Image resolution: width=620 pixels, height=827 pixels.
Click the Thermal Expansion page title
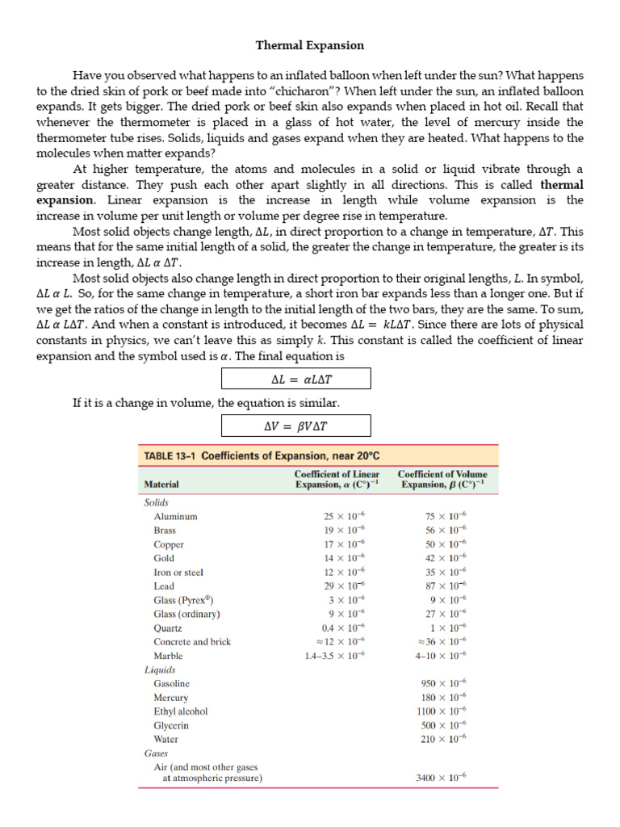pos(310,45)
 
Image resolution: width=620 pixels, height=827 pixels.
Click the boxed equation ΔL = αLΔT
pos(296,379)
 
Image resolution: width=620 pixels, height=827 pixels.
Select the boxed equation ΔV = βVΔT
pos(296,426)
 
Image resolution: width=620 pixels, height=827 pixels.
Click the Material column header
pos(161,485)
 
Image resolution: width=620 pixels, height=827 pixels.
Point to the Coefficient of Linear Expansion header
pos(337,479)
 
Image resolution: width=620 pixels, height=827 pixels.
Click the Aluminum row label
pos(175,516)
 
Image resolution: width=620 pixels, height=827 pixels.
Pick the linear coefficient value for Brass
pos(344,531)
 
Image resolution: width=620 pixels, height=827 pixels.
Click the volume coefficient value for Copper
pos(446,544)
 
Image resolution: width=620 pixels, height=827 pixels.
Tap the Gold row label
pos(164,558)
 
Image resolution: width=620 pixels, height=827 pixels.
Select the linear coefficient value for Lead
pos(344,586)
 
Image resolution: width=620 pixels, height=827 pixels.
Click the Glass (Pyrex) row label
pos(183,600)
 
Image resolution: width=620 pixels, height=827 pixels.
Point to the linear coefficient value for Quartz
pos(344,628)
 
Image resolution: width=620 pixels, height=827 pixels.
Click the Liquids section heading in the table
pos(160,670)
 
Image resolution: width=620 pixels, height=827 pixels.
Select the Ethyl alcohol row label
pos(181,712)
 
